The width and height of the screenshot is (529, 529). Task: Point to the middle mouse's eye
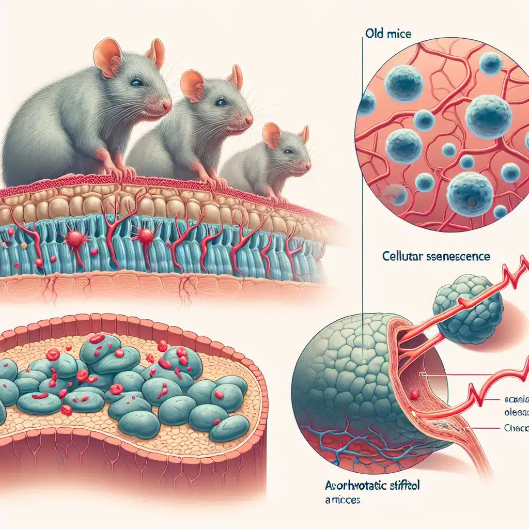point(221,102)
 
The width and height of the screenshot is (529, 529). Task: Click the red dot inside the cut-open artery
point(414,395)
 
